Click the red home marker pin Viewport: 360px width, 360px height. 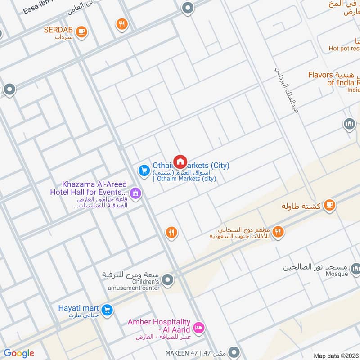(x=180, y=162)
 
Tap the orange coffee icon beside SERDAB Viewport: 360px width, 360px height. (x=81, y=31)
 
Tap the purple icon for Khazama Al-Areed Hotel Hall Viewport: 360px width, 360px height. (x=136, y=194)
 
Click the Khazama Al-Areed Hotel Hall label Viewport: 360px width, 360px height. (x=88, y=189)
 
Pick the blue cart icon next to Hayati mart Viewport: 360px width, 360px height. (x=107, y=310)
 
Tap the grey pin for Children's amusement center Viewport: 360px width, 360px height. (x=168, y=280)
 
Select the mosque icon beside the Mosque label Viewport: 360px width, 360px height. (x=355, y=270)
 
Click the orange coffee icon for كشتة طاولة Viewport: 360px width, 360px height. (x=330, y=205)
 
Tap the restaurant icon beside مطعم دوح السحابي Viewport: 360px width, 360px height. (x=278, y=232)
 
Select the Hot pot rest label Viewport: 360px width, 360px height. (x=344, y=48)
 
